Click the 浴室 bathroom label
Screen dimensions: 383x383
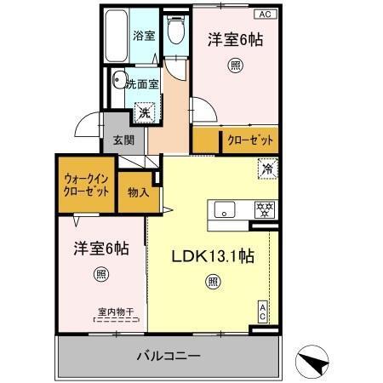[x=144, y=37]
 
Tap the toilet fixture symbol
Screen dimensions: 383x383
[x=174, y=32]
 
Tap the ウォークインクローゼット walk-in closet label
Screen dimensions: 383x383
[x=86, y=186]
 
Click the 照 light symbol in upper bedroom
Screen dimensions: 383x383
[x=234, y=66]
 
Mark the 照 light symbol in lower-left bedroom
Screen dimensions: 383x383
[x=100, y=274]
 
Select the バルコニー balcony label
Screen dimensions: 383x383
[x=169, y=355]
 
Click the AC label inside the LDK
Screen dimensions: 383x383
[x=263, y=312]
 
